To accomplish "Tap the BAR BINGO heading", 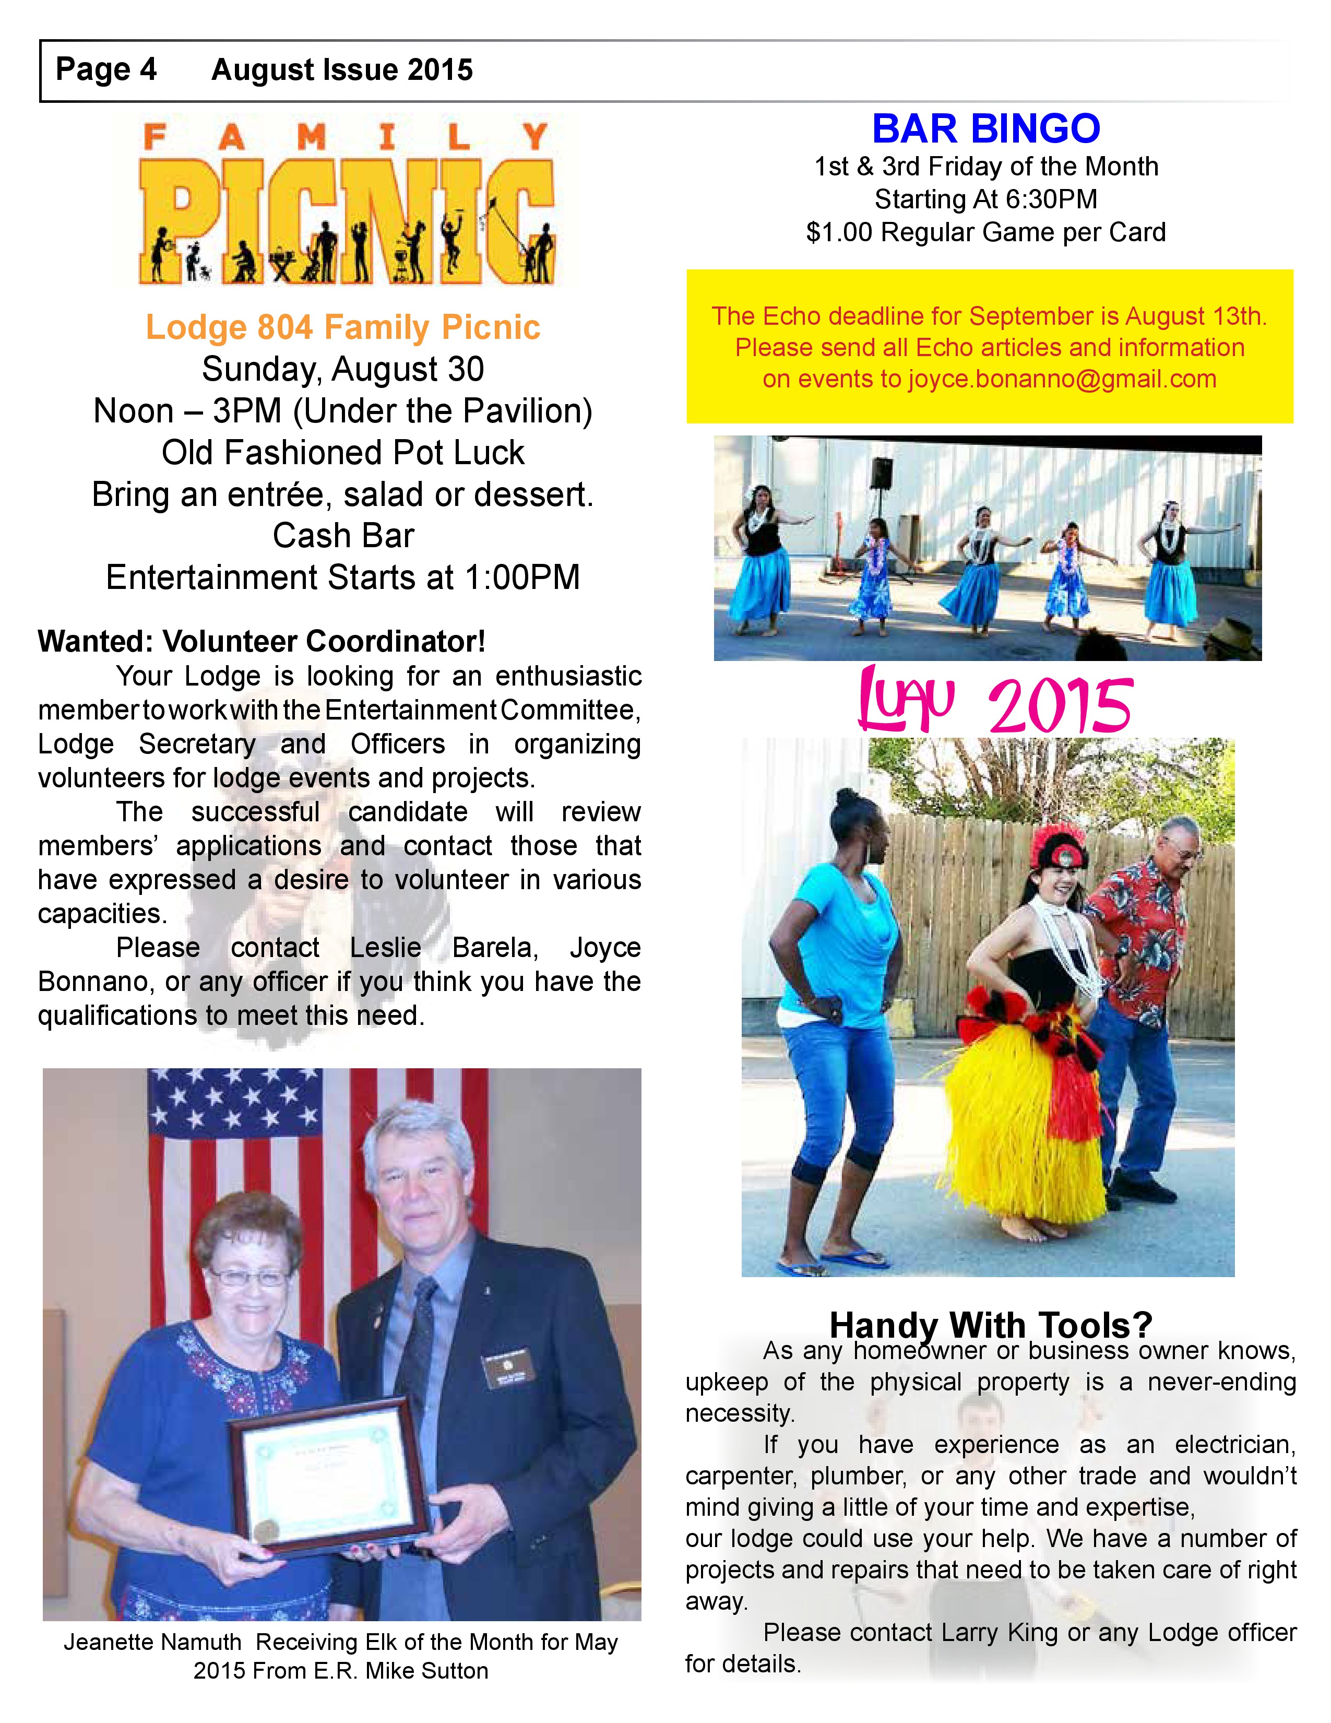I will point(985,128).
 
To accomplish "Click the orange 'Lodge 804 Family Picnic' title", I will point(343,327).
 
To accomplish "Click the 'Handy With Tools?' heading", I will point(990,1325).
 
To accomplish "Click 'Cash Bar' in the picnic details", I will point(343,536).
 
